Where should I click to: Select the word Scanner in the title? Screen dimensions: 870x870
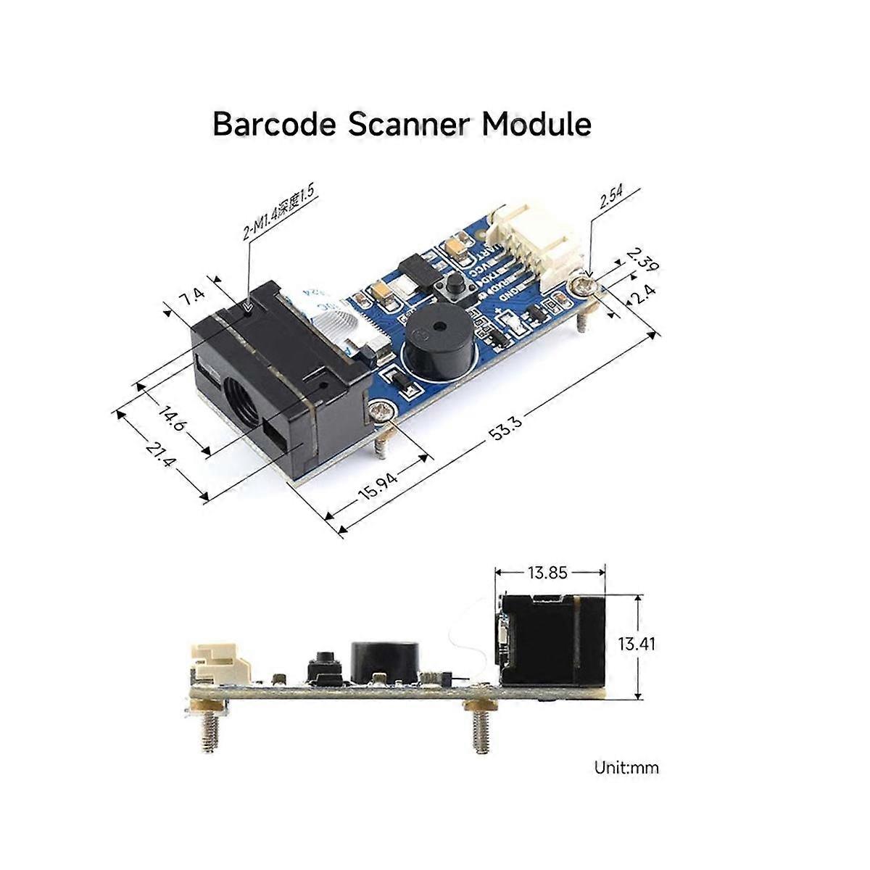[x=409, y=124]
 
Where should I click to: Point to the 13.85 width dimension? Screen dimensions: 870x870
[x=547, y=573]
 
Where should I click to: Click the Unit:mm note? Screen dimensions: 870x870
[x=626, y=767]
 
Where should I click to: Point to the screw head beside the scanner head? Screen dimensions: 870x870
[x=381, y=414]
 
